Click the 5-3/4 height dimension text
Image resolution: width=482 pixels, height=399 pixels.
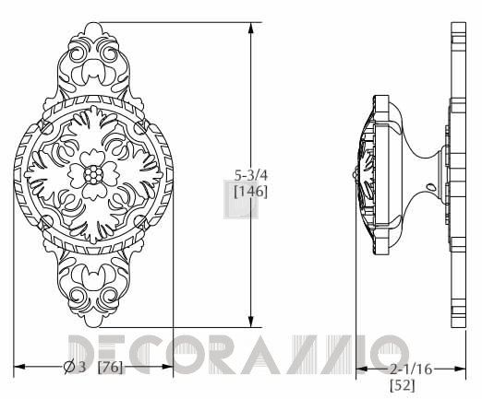coord(251,175)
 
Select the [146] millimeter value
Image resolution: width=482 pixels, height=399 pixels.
coord(251,192)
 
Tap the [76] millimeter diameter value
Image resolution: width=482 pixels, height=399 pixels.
coord(110,367)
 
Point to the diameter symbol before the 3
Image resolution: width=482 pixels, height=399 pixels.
coord(69,367)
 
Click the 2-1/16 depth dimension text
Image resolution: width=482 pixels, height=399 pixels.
coord(411,369)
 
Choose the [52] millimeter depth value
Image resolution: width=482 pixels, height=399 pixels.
coord(403,385)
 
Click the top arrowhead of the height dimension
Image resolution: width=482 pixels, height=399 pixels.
coord(251,29)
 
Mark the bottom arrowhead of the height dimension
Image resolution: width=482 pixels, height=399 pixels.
coord(251,322)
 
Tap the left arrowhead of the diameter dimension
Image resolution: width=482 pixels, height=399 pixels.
coord(19,367)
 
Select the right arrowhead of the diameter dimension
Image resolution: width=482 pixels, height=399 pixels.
coord(167,367)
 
